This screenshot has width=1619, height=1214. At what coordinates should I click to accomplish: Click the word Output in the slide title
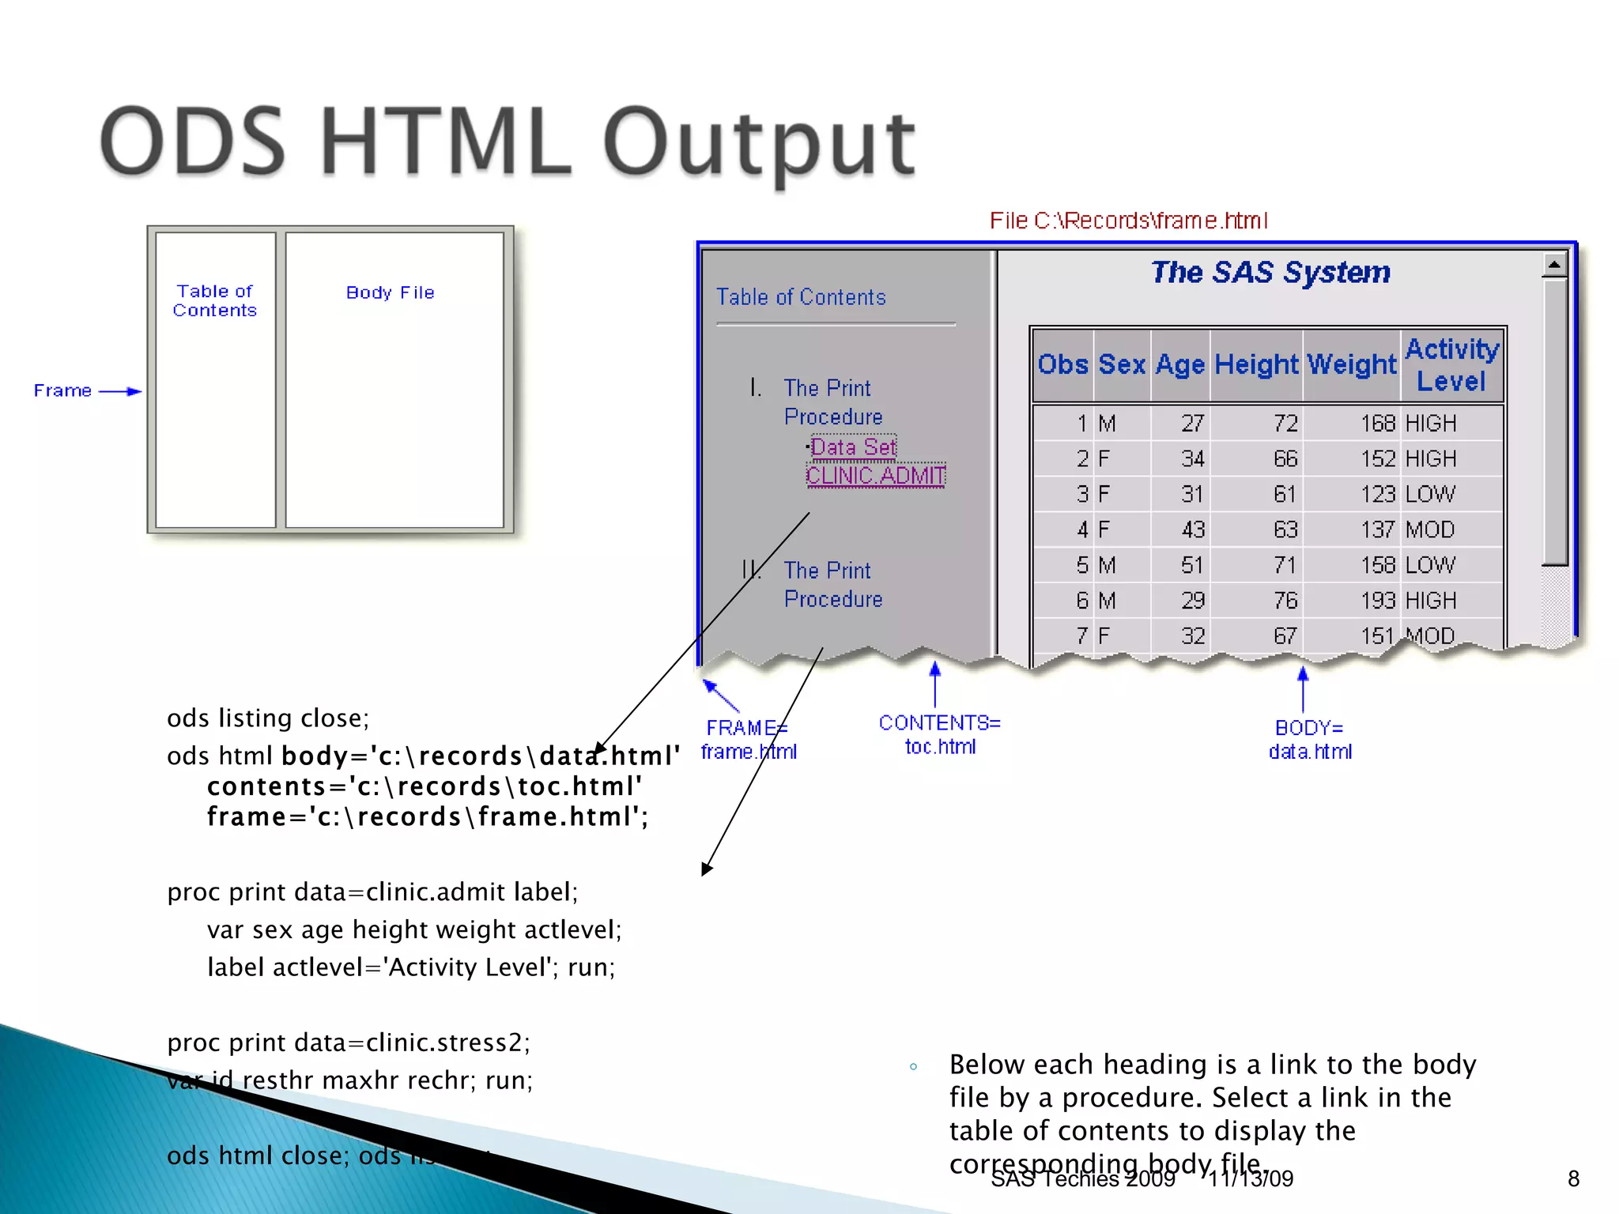coord(759,144)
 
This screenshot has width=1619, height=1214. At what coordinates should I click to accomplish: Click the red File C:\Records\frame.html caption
coord(1128,221)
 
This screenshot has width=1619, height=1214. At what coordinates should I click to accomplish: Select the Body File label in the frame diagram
coord(390,292)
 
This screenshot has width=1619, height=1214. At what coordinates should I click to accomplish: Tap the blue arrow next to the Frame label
coord(120,391)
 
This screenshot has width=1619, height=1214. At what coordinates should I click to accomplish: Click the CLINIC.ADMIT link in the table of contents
coord(875,476)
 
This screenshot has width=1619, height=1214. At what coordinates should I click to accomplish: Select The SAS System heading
coord(1270,272)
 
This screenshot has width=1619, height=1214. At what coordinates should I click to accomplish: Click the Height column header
coord(1255,364)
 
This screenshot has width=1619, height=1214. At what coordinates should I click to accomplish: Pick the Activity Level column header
coord(1451,364)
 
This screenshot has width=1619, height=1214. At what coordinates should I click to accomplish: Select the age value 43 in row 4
coord(1192,530)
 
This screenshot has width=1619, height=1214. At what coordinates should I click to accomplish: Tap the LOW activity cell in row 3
coord(1429,495)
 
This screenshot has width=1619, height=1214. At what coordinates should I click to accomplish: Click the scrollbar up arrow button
coord(1554,265)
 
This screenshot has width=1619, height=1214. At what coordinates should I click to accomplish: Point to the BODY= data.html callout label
coord(1310,739)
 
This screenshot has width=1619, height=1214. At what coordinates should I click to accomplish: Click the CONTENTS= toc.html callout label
coord(939,734)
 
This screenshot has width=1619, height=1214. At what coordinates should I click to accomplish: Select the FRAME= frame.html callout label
coord(748,739)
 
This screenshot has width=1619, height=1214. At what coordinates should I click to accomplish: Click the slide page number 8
coord(1573,1178)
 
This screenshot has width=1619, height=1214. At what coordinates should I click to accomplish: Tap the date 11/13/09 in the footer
coord(1250,1178)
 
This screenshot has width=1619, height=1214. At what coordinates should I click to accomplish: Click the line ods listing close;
coord(268,718)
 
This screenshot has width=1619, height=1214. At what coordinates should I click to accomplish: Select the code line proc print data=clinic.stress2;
coord(348,1042)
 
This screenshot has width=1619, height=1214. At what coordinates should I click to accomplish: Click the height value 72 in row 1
coord(1285,424)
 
